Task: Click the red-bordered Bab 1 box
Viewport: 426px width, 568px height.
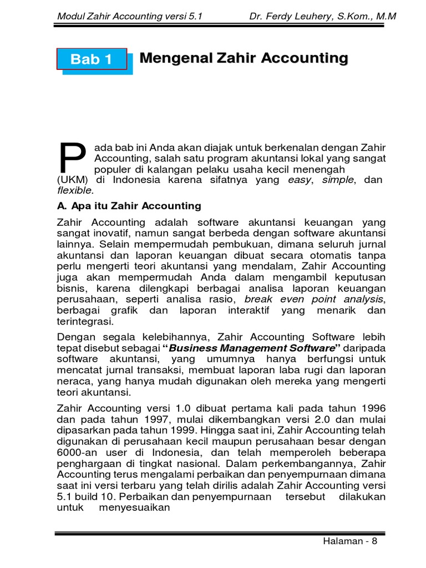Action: click(x=92, y=59)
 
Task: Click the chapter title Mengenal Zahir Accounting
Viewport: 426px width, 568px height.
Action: click(x=244, y=58)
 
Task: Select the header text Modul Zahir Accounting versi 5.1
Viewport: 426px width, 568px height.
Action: click(x=130, y=16)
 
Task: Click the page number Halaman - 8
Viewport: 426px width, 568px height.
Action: click(x=349, y=542)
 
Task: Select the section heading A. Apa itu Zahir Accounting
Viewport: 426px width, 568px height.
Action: click(x=129, y=206)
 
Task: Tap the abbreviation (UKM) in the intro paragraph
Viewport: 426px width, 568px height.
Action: click(x=71, y=180)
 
